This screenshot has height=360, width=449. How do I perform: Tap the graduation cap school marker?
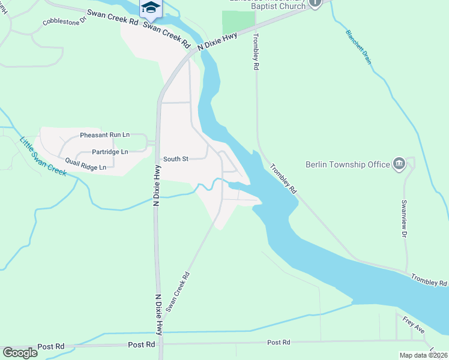(x=151, y=7)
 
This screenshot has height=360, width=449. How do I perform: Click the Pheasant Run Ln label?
(x=104, y=136)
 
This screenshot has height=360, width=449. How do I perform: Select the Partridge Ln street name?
(x=109, y=152)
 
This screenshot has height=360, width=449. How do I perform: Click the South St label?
(x=176, y=159)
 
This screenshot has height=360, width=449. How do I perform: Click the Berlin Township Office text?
(x=347, y=164)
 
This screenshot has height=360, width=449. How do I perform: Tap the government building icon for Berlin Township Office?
(x=399, y=164)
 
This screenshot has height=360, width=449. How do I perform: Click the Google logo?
(x=20, y=353)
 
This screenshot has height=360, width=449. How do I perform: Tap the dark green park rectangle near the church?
(x=238, y=23)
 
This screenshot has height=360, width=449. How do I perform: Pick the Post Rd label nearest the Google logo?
(x=50, y=347)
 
